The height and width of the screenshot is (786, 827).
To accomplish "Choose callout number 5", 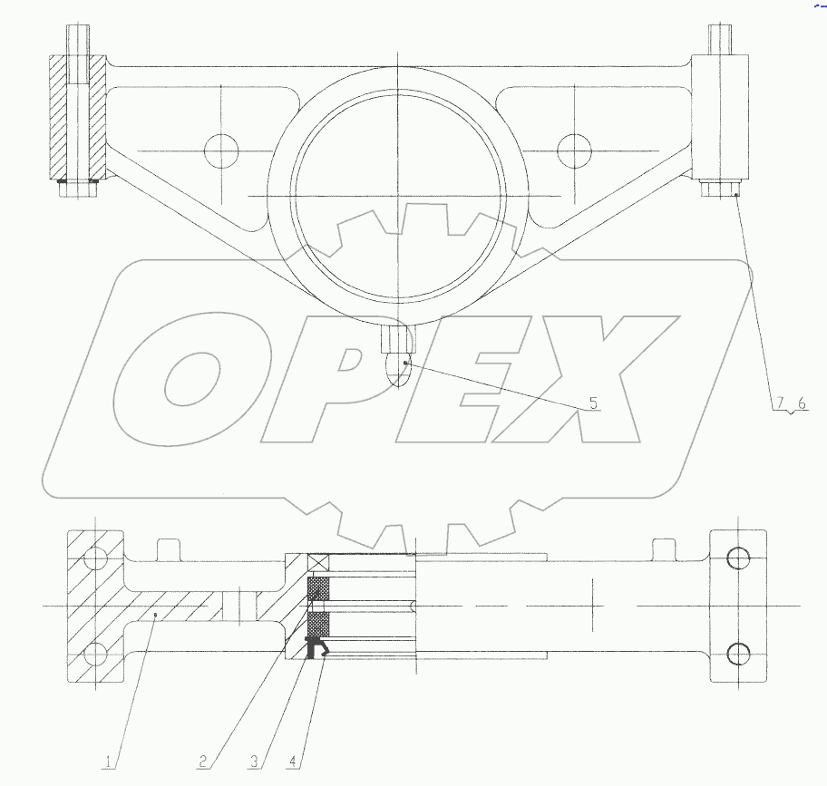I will tap(594, 404).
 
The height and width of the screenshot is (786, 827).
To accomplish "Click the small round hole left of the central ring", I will tap(220, 150).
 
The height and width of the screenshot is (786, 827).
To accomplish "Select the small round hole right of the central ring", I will tap(574, 150).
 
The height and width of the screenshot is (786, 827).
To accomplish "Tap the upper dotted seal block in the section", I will tap(318, 589).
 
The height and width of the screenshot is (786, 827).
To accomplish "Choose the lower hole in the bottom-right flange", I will tap(739, 652).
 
